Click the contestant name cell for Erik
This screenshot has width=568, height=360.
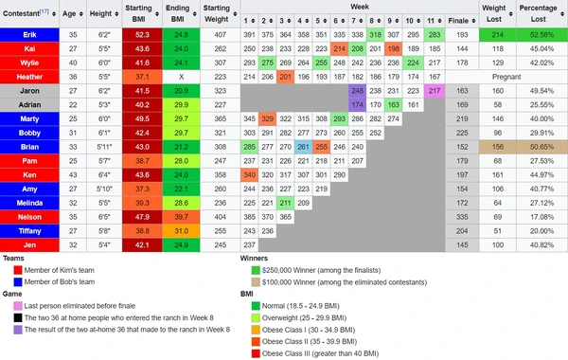click(x=29, y=33)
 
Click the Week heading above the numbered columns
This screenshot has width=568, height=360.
click(x=360, y=7)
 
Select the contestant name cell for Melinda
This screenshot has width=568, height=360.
click(x=29, y=203)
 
